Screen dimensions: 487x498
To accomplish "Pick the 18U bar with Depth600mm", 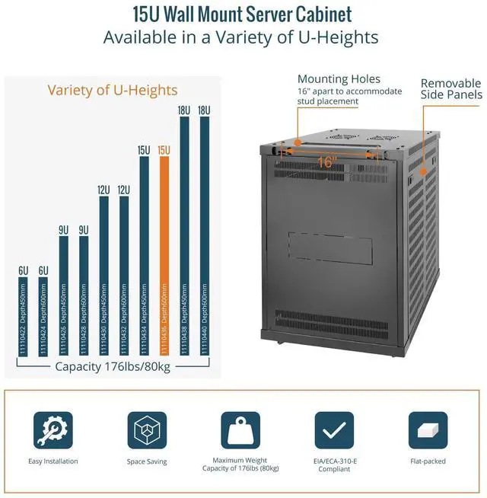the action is [x=204, y=235].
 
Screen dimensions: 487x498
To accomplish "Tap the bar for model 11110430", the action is [x=103, y=275].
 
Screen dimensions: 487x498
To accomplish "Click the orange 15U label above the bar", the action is [x=164, y=150].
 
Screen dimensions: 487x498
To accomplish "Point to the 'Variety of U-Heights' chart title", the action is [x=113, y=90].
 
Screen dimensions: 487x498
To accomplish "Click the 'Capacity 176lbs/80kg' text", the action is [x=113, y=366].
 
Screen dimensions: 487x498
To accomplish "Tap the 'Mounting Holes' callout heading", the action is [x=339, y=79].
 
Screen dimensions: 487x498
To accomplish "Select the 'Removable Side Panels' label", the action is [x=451, y=89].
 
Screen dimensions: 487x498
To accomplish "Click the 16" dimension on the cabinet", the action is [x=327, y=161].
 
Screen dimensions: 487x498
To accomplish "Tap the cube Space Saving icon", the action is [x=147, y=430].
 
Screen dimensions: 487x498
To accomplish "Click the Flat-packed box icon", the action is [x=428, y=430].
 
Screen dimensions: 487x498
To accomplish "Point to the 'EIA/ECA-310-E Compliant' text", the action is [x=334, y=465].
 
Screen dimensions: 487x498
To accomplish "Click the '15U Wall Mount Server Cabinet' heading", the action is [x=242, y=14].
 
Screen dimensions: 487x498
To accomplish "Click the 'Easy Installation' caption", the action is [x=53, y=461].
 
